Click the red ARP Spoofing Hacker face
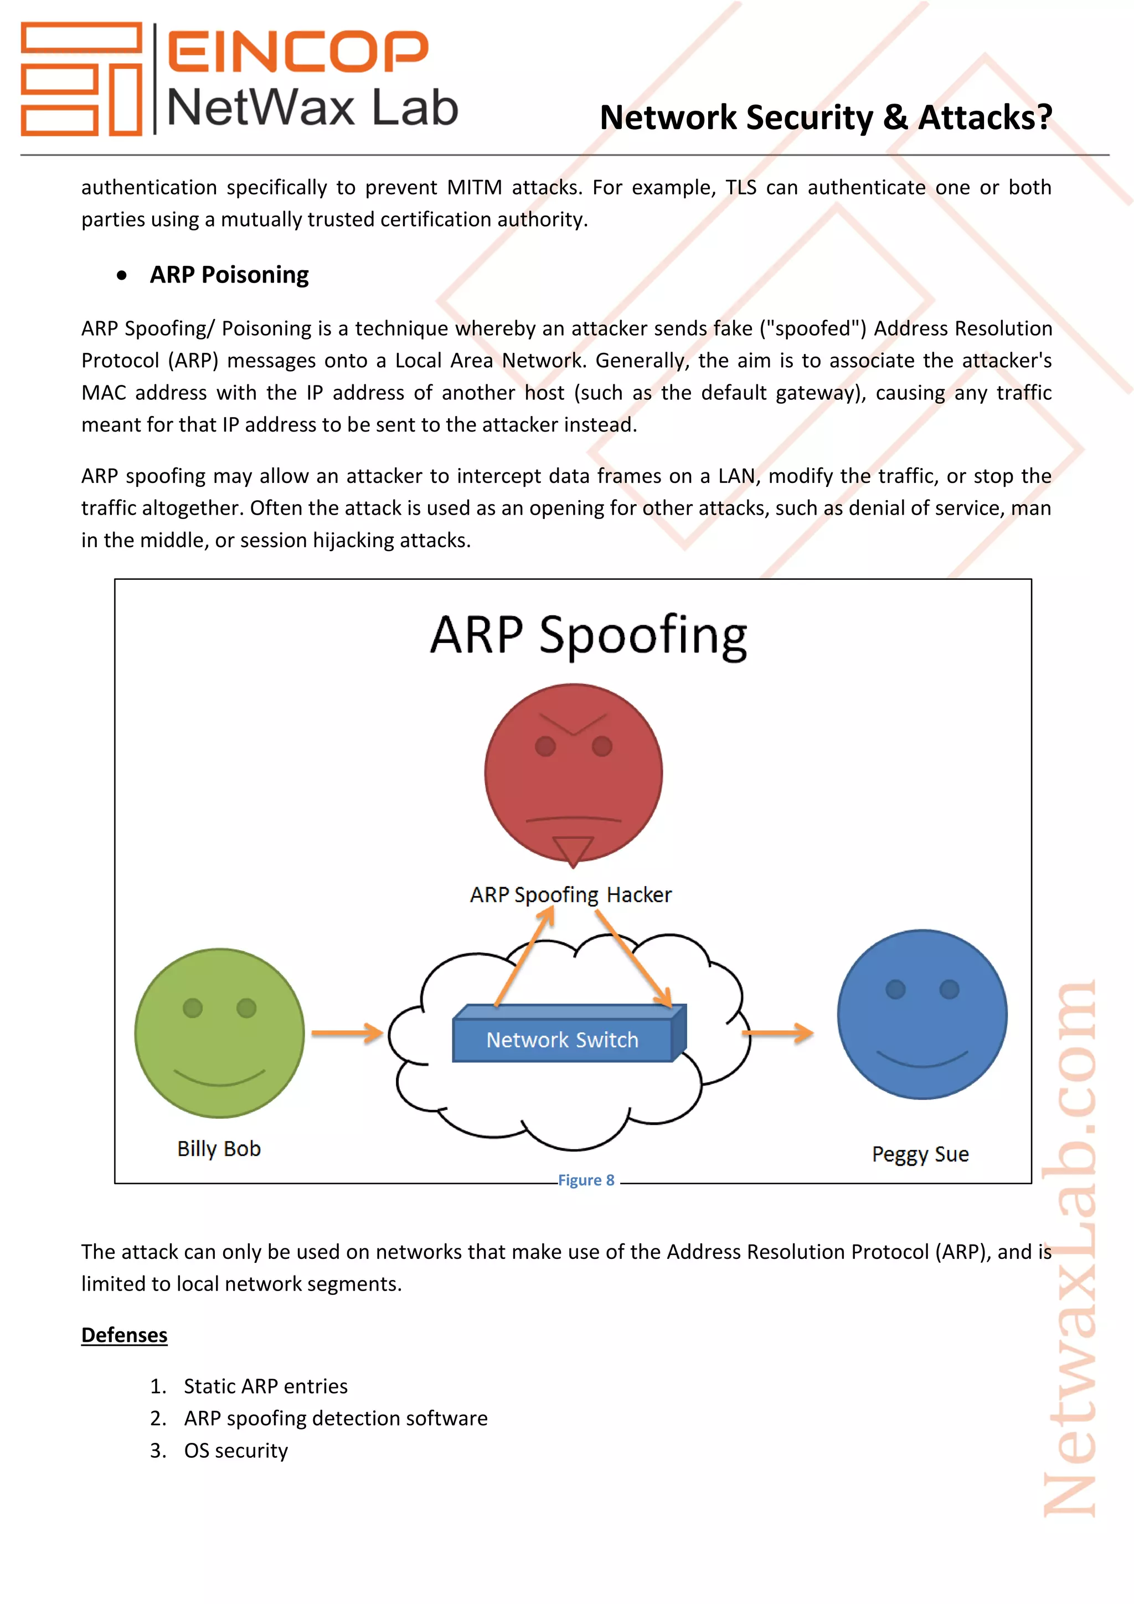(573, 773)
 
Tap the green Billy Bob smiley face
(219, 1032)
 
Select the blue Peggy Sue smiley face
(922, 1014)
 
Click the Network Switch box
(563, 1040)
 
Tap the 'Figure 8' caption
(586, 1180)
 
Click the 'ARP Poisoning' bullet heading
(229, 275)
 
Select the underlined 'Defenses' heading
(124, 1335)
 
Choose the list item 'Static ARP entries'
(265, 1386)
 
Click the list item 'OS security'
(235, 1451)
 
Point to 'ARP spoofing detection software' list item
(335, 1418)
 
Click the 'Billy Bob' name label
(219, 1149)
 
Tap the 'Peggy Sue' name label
(920, 1154)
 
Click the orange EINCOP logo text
(297, 51)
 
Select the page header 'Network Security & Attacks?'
(826, 117)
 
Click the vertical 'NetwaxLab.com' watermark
(1070, 1251)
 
